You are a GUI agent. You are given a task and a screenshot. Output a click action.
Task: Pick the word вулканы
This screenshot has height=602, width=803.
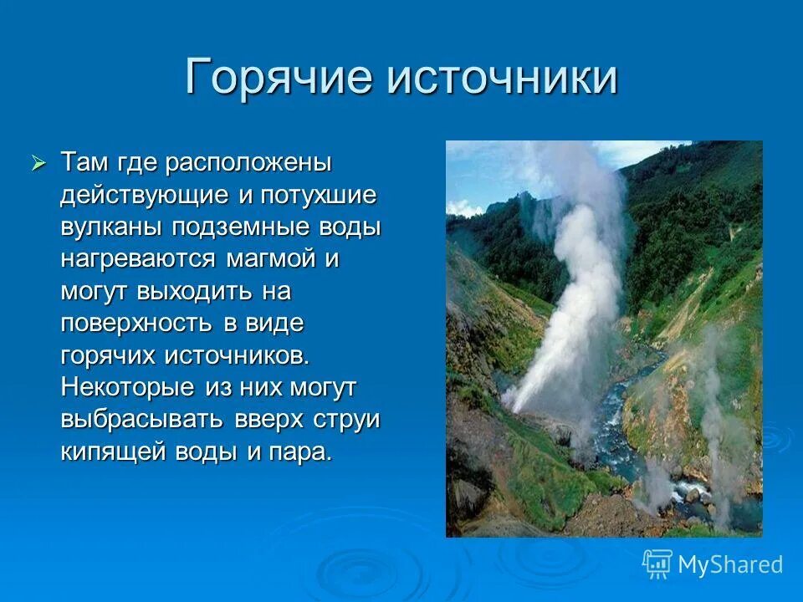(x=112, y=227)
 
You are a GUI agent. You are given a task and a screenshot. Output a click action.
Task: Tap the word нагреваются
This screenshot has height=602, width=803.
(x=138, y=259)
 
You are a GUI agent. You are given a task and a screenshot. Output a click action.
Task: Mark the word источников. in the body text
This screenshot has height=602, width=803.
(x=237, y=356)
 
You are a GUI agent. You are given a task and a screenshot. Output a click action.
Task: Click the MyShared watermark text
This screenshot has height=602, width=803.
(x=729, y=564)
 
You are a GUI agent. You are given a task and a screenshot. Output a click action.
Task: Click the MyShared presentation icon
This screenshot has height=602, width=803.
(x=657, y=564)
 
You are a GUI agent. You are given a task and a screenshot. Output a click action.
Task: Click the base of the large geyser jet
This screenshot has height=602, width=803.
(x=518, y=406)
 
